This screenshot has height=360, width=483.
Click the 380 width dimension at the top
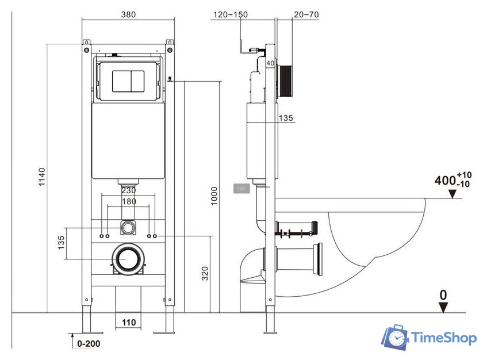click(x=128, y=14)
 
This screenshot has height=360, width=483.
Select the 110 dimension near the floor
click(x=128, y=323)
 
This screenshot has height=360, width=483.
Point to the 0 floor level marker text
click(x=443, y=294)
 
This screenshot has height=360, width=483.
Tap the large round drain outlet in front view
click(x=128, y=260)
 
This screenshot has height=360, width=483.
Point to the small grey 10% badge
click(x=241, y=188)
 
